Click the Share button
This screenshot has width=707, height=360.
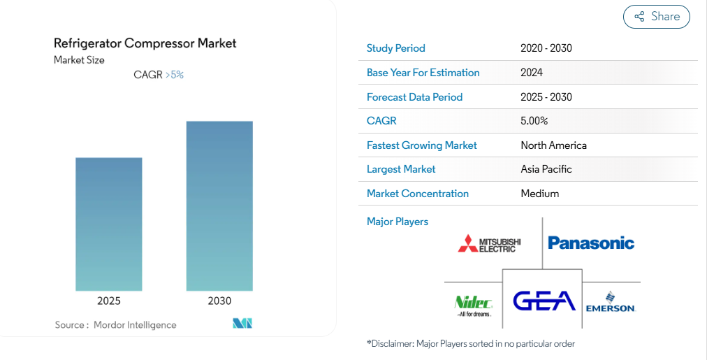point(657,17)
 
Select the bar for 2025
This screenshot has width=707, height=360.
point(109,224)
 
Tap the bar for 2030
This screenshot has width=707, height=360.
point(219,206)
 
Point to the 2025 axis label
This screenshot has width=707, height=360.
point(109,301)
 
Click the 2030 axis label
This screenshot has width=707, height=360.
point(219,301)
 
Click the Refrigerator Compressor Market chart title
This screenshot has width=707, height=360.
point(145,43)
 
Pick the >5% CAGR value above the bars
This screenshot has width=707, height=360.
point(175,74)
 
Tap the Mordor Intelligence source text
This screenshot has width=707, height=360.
point(135,325)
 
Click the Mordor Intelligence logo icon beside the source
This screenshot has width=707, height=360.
point(242,323)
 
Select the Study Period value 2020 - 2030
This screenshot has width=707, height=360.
point(546,48)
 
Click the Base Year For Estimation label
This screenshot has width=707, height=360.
point(423,73)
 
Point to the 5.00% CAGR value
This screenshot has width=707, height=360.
point(534,121)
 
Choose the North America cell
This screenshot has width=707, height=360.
point(554,145)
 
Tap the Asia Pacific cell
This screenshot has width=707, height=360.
point(546,169)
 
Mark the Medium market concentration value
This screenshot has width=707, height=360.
point(540,194)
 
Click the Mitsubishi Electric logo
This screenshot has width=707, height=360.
point(489,243)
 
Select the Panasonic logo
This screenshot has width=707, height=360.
point(591,243)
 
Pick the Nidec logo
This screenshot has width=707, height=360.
point(474,306)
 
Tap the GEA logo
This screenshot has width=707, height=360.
point(544,301)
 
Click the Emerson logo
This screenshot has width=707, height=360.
point(611,302)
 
